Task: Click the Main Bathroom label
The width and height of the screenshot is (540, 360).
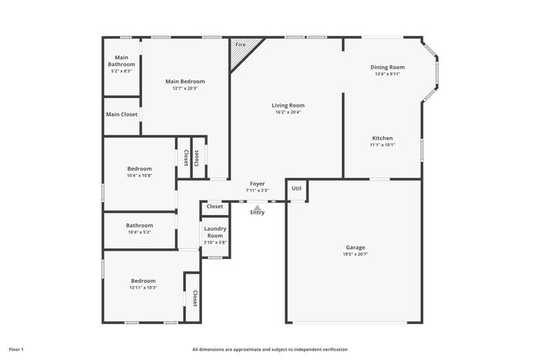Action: click(122, 61)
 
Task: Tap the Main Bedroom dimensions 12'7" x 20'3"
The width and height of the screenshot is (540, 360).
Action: click(185, 89)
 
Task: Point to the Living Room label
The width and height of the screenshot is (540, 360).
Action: click(289, 106)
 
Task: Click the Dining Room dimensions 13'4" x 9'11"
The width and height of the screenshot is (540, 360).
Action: click(388, 74)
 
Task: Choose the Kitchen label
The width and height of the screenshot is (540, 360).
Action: click(383, 138)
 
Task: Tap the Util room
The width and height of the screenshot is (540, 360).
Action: click(296, 190)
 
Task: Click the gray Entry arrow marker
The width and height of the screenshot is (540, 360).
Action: click(257, 207)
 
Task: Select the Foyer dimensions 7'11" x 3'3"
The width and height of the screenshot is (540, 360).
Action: click(257, 190)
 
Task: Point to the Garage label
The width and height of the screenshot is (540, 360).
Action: click(356, 247)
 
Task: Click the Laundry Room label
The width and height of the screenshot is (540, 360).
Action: click(215, 232)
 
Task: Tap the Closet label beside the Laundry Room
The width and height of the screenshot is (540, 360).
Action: click(215, 206)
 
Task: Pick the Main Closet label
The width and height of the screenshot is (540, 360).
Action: click(122, 114)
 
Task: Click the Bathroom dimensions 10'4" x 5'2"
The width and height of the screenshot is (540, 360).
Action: click(140, 232)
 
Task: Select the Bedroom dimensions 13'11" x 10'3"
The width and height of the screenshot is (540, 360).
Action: click(143, 288)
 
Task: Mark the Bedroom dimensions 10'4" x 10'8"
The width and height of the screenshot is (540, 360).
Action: click(140, 176)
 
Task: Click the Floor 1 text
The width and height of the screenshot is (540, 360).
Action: click(16, 349)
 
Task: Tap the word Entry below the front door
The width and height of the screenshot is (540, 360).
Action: click(257, 213)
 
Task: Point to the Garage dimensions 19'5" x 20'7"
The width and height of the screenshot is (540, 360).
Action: click(356, 254)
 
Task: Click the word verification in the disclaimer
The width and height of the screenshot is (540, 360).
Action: click(336, 349)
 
